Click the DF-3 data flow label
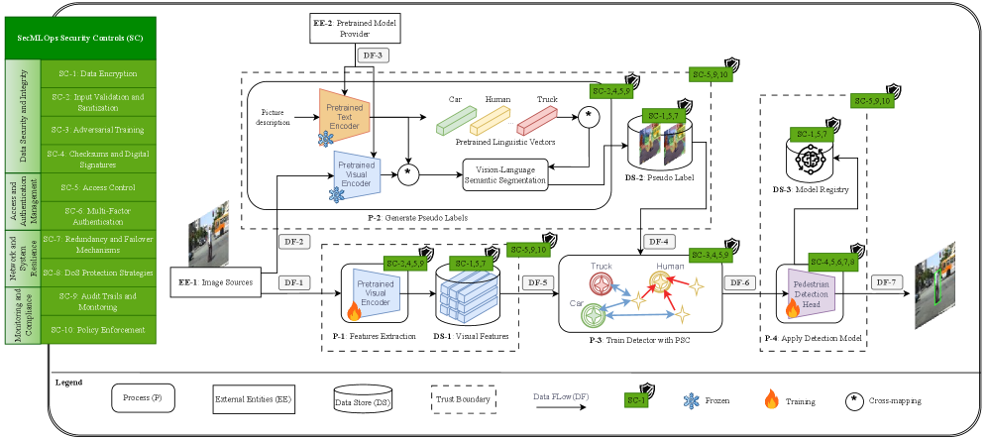(x=375, y=55)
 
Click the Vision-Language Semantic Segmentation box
(x=505, y=175)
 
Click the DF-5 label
(x=538, y=282)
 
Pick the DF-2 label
(x=293, y=241)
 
